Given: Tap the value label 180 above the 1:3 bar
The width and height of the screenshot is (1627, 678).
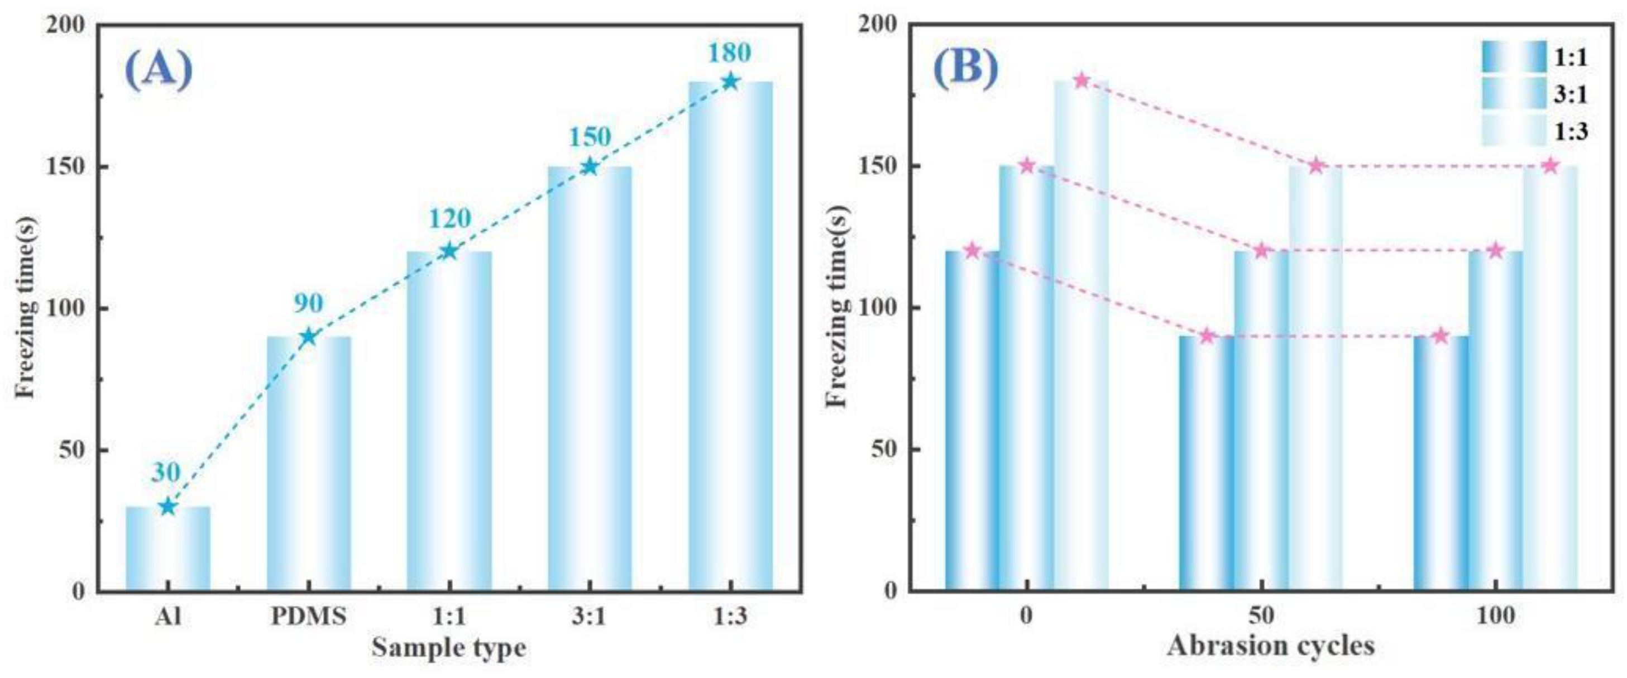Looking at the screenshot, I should (730, 53).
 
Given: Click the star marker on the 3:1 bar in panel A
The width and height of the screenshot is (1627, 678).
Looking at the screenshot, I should (589, 167).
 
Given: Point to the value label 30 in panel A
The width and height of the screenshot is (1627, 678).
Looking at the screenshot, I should (166, 472).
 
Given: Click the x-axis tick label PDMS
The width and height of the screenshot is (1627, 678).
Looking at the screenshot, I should (308, 615).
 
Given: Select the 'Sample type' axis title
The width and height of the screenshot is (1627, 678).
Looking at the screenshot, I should (448, 647).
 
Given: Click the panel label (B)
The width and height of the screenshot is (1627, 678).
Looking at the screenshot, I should (966, 68).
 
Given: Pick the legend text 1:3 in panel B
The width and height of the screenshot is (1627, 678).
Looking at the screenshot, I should (1570, 131).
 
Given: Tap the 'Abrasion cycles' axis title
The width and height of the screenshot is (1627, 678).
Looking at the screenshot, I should (1271, 646).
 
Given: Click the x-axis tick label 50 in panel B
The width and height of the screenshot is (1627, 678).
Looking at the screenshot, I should (1261, 615).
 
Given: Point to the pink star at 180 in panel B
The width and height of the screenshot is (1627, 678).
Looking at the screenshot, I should (1082, 81).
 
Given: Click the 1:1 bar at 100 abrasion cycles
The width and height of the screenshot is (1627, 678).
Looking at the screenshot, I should (1441, 465).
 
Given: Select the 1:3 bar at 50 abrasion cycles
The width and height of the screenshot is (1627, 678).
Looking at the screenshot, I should (1315, 379).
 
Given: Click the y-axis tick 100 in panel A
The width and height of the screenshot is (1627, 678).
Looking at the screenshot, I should (66, 309).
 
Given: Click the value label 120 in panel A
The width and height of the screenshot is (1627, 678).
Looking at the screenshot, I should (449, 218).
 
